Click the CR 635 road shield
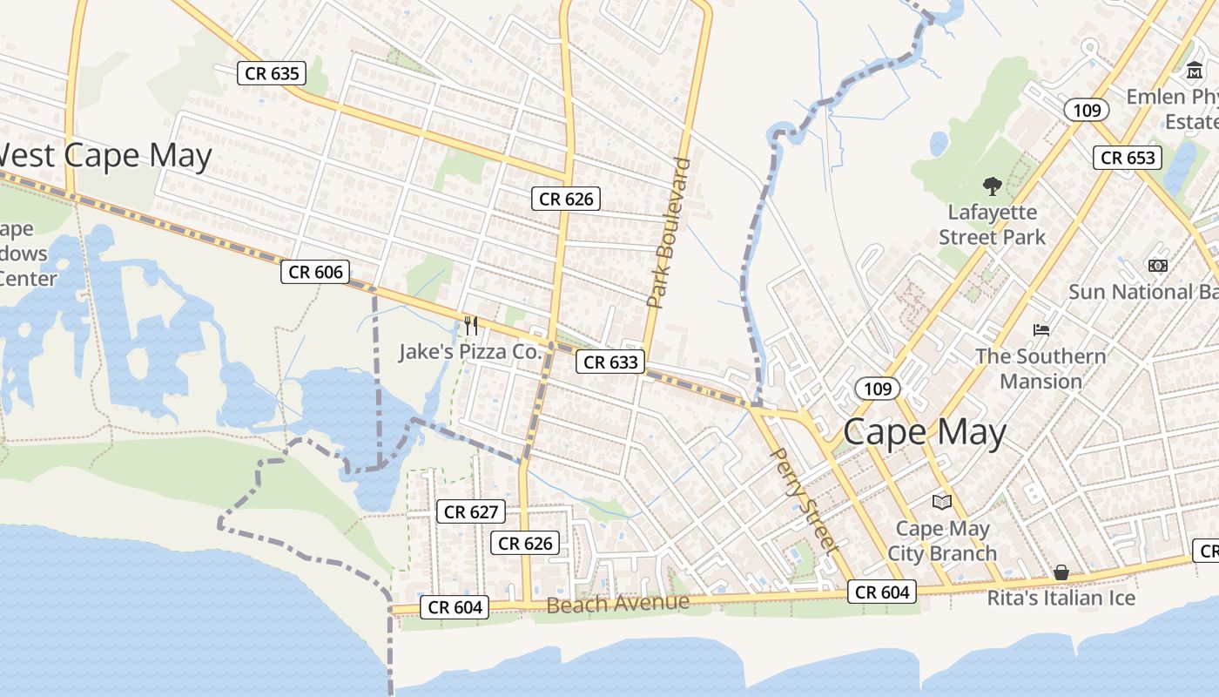[273, 73]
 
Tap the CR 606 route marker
[315, 272]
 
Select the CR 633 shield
[610, 362]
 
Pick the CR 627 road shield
[471, 511]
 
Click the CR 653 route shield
[1128, 158]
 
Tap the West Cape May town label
[104, 156]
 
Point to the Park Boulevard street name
[668, 233]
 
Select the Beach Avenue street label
[617, 603]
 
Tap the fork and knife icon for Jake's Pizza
[471, 326]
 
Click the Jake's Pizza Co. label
[470, 352]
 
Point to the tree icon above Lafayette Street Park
[991, 186]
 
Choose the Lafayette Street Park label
[992, 225]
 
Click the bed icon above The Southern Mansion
[1041, 330]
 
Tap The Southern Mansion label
[1041, 369]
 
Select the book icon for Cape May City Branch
[941, 502]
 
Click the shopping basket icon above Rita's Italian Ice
[1061, 572]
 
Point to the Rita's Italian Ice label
[1061, 599]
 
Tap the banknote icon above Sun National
[1157, 265]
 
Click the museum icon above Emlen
[1194, 70]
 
